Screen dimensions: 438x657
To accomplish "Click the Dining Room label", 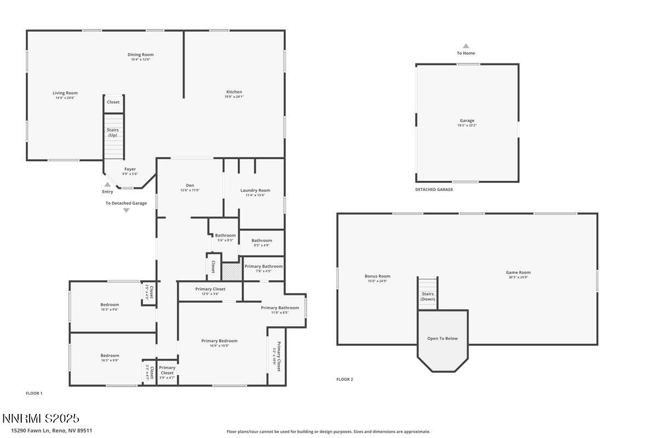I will [140, 55].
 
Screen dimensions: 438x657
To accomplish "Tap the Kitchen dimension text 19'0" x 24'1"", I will [234, 97].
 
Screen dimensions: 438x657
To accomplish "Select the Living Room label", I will [65, 93].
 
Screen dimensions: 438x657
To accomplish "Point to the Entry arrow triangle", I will [108, 185].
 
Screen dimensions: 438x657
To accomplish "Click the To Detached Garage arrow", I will [126, 210].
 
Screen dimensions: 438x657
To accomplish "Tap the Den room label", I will [190, 185].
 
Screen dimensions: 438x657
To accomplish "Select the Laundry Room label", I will [255, 191].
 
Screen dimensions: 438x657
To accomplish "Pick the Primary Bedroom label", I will [219, 341].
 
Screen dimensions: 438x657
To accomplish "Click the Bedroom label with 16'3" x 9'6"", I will [109, 304].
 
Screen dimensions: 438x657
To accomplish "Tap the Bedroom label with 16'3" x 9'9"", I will [109, 355].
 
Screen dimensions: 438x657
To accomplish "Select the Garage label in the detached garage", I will [467, 120].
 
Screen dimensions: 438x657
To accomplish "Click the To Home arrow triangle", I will [466, 46].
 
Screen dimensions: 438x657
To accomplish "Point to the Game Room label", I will [518, 272].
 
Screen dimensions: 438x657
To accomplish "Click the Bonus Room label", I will [377, 276].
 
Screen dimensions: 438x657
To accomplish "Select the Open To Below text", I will [442, 338].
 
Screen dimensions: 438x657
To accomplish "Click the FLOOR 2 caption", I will [344, 379].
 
